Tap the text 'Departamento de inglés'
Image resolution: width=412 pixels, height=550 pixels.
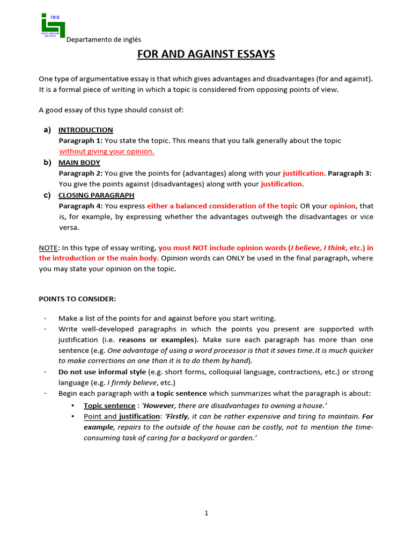104,39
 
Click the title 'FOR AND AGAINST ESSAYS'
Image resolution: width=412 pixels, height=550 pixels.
206,54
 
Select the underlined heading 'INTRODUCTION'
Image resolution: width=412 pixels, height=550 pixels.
85,130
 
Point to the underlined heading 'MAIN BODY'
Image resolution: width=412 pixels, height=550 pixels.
79,163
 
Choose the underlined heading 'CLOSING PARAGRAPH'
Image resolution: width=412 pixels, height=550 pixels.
96,196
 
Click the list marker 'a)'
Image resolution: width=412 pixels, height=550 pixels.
47,130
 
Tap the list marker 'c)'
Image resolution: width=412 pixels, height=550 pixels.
47,196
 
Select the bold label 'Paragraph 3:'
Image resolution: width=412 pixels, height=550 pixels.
349,173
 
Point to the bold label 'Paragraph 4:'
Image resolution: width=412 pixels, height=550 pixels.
80,206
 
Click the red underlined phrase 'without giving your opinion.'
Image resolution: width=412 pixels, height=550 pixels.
106,151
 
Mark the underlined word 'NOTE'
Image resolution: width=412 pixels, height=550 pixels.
48,248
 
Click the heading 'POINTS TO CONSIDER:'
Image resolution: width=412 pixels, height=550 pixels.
77,299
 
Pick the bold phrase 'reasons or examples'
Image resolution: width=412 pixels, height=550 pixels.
156,340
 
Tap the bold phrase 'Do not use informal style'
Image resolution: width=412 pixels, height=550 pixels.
102,372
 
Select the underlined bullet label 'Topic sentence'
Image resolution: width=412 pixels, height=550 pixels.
109,406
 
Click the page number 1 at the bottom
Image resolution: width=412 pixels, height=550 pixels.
206,513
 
